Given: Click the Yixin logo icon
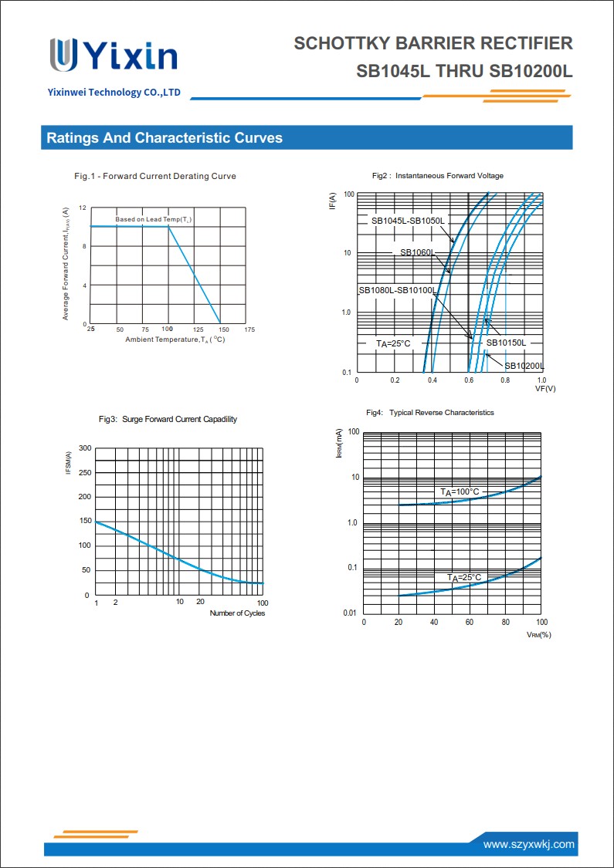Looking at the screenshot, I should pyautogui.click(x=63, y=55).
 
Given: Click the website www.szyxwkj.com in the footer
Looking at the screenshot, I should pyautogui.click(x=528, y=844).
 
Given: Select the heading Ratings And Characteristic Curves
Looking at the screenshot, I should pyautogui.click(x=165, y=138).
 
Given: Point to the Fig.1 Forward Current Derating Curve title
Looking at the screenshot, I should pyautogui.click(x=155, y=177).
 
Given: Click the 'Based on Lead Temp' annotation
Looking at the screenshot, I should pyautogui.click(x=154, y=220).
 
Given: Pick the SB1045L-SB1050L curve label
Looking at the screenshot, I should pyautogui.click(x=407, y=221).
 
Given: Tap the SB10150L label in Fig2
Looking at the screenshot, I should pyautogui.click(x=506, y=343).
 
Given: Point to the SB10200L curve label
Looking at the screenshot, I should pyautogui.click(x=524, y=366).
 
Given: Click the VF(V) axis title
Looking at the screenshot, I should pyautogui.click(x=545, y=389).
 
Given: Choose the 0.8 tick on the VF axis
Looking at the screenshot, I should pyautogui.click(x=505, y=380).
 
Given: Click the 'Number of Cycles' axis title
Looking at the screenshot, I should pyautogui.click(x=237, y=613).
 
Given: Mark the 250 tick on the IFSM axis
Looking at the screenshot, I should pyautogui.click(x=84, y=472).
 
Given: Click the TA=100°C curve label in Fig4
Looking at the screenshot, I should pyautogui.click(x=460, y=492).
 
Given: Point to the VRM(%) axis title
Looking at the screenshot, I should pyautogui.click(x=538, y=634).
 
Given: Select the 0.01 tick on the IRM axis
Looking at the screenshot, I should pyautogui.click(x=350, y=613).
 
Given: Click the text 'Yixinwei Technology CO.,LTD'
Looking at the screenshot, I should pyautogui.click(x=114, y=93).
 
